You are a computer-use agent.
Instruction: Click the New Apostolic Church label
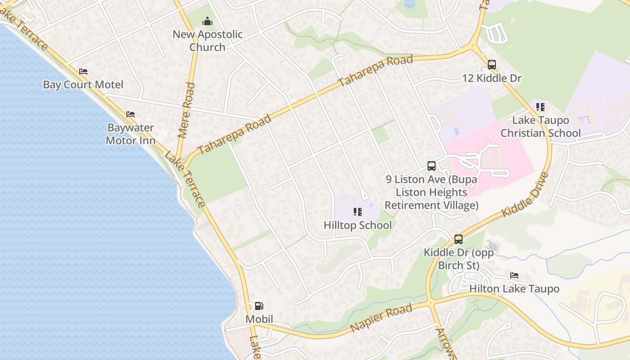pyautogui.click(x=207, y=40)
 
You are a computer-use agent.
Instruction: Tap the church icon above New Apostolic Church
pyautogui.click(x=207, y=21)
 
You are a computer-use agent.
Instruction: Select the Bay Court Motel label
pyautogui.click(x=83, y=85)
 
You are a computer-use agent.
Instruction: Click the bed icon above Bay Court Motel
pyautogui.click(x=83, y=72)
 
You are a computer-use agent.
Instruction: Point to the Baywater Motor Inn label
pyautogui.click(x=130, y=134)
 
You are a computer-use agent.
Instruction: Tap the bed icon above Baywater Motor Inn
pyautogui.click(x=130, y=114)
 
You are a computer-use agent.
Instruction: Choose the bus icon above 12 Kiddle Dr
pyautogui.click(x=492, y=65)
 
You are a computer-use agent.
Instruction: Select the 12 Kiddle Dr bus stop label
pyautogui.click(x=492, y=78)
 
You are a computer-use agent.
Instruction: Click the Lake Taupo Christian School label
pyautogui.click(x=540, y=126)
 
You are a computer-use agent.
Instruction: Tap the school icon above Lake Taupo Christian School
pyautogui.click(x=540, y=107)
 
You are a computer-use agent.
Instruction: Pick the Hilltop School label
pyautogui.click(x=358, y=225)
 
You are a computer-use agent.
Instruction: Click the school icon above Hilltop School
pyautogui.click(x=358, y=211)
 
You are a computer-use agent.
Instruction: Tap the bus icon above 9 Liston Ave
pyautogui.click(x=432, y=166)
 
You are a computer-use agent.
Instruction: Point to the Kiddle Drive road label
pyautogui.click(x=526, y=194)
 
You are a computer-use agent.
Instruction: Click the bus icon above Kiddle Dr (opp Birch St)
pyautogui.click(x=459, y=239)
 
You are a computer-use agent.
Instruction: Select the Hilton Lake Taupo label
pyautogui.click(x=514, y=288)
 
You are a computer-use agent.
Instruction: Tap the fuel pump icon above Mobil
pyautogui.click(x=259, y=306)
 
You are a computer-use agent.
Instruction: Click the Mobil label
pyautogui.click(x=259, y=319)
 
